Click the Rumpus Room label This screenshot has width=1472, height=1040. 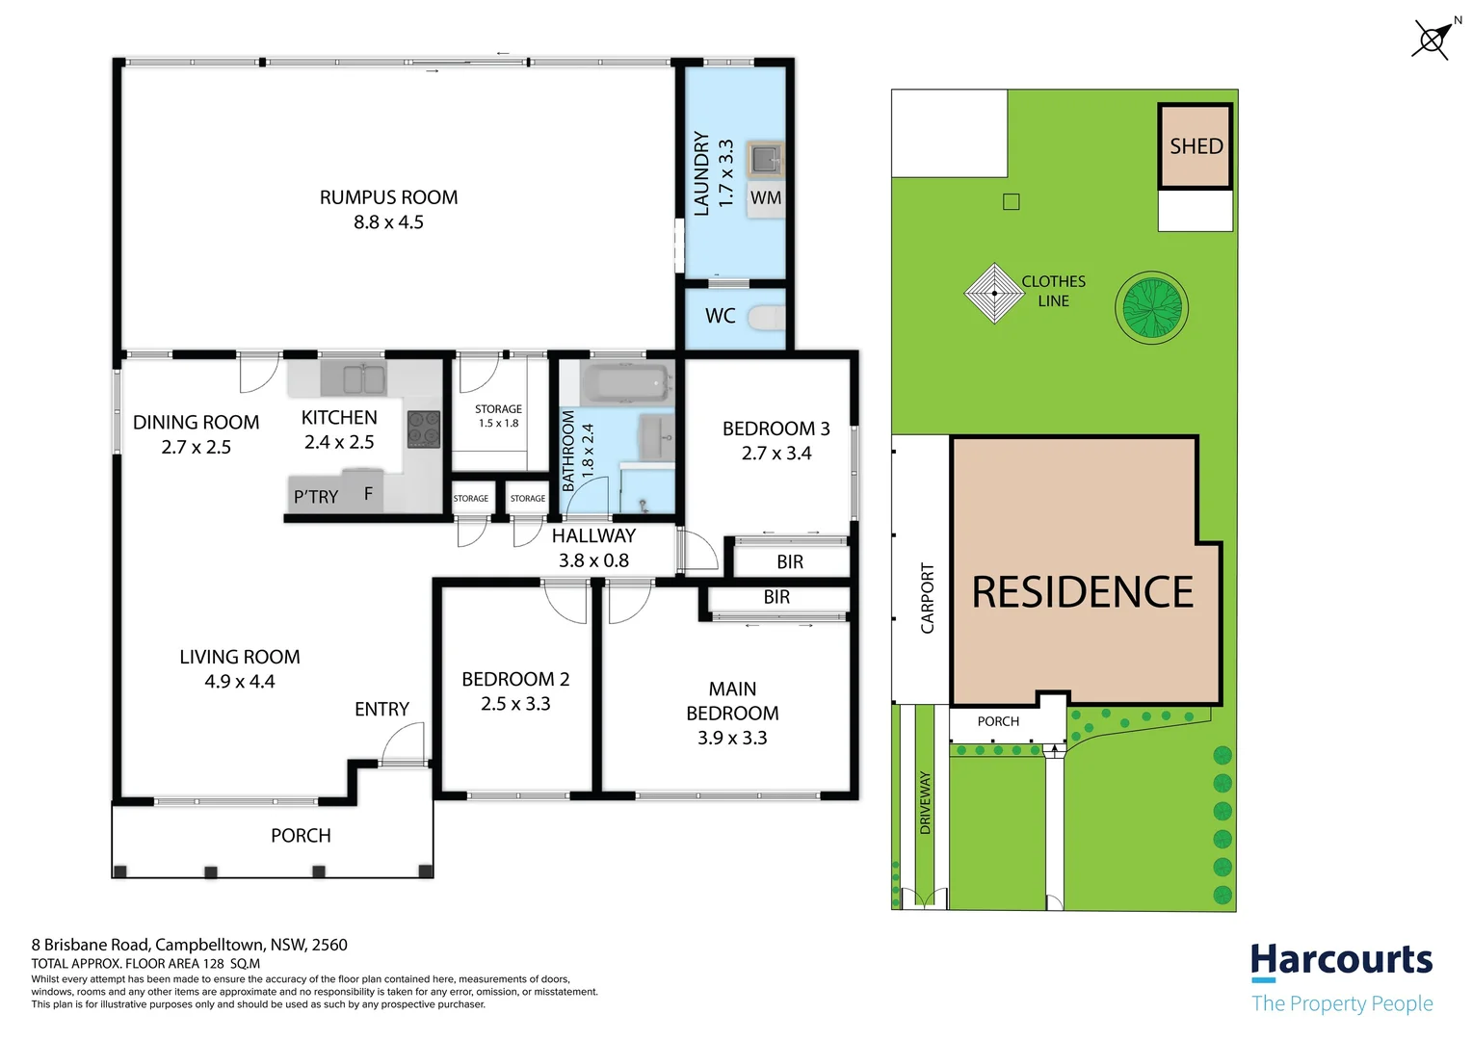[388, 197]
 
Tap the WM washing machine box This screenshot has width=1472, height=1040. [766, 198]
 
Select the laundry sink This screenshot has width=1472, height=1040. [766, 159]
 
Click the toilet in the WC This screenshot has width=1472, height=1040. [768, 317]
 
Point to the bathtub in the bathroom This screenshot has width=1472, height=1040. [625, 384]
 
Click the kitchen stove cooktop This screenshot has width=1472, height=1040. [424, 429]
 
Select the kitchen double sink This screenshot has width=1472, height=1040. [353, 379]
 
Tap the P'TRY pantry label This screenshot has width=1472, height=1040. [316, 497]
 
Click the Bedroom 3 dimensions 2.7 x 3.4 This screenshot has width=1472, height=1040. [775, 454]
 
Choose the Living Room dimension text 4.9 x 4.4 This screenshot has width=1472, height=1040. [240, 682]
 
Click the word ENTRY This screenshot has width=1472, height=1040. [381, 710]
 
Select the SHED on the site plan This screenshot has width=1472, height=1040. [1196, 146]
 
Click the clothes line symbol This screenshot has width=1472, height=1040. [994, 293]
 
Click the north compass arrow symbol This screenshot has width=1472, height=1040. [1433, 39]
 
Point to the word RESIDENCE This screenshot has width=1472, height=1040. [1083, 592]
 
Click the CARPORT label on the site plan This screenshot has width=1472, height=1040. [928, 598]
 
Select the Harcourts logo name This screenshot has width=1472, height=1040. [1341, 960]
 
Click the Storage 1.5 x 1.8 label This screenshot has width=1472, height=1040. [498, 416]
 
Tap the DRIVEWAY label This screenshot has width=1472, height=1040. [926, 802]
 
